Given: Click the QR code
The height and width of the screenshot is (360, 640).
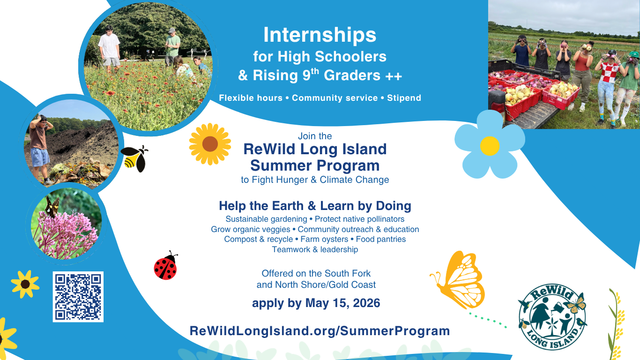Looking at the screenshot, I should (x=78, y=297).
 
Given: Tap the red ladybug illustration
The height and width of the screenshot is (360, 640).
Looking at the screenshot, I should (x=165, y=266).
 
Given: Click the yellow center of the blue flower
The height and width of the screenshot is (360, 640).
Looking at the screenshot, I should (x=490, y=145).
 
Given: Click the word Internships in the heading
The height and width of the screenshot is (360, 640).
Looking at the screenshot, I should (x=320, y=35).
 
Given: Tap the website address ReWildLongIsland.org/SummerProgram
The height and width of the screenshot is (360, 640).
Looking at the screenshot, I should (x=320, y=331).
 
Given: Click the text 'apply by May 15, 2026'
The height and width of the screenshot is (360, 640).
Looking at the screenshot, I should (x=316, y=303).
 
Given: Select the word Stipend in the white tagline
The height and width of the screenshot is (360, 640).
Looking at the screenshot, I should (x=404, y=98).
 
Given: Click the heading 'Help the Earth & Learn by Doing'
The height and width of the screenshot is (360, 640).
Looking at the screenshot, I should (x=315, y=206).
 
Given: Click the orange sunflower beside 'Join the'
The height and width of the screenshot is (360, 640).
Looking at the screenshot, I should (x=210, y=144).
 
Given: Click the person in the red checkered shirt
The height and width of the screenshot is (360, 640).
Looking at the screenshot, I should (x=608, y=84).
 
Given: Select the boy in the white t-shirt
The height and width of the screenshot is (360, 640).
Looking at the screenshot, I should (x=110, y=47).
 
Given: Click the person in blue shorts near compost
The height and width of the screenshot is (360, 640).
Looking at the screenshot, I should (x=39, y=145).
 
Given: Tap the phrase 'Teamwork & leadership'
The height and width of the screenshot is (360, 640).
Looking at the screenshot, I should (x=315, y=249).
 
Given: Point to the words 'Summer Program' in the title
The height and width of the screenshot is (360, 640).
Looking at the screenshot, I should (x=315, y=165).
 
